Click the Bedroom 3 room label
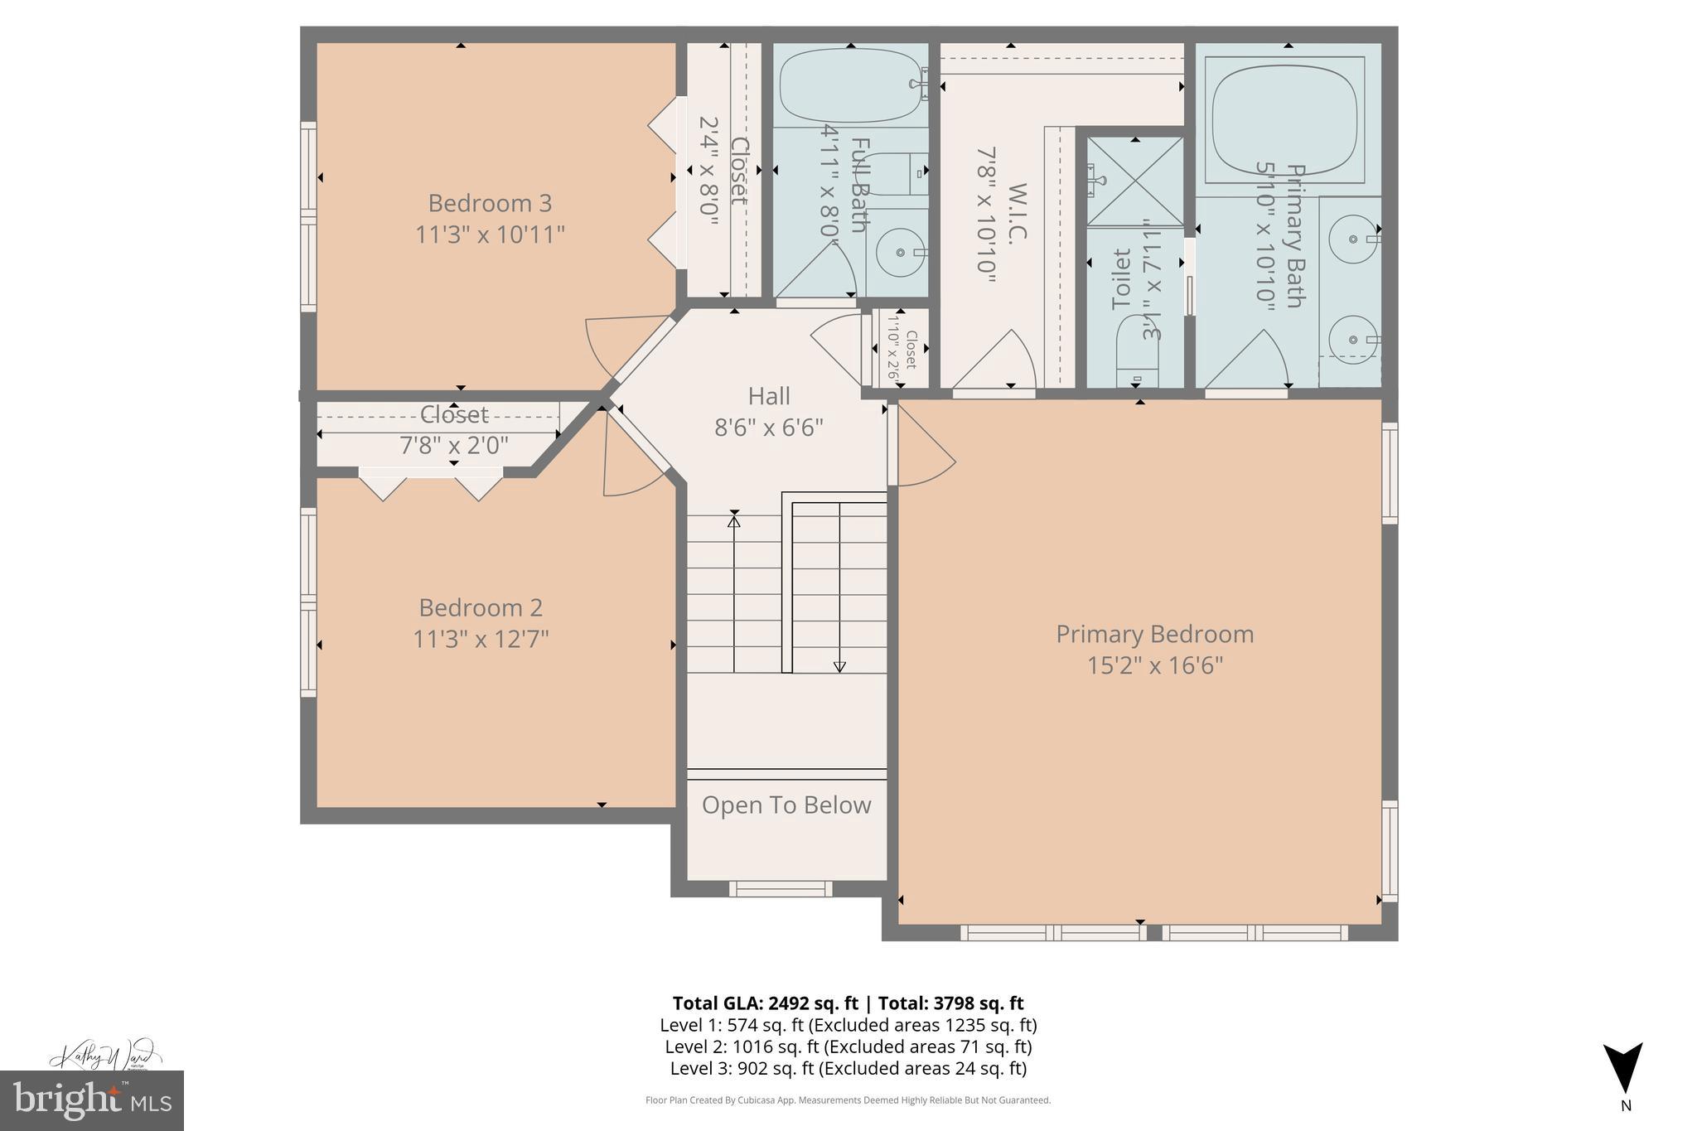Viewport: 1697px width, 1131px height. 490,203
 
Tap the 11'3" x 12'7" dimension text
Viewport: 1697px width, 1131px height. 481,640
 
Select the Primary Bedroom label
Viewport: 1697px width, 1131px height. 1154,634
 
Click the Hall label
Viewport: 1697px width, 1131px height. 769,396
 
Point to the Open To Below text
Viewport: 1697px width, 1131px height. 786,805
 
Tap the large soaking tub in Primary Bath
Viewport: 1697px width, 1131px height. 1284,119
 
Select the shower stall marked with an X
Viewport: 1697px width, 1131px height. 1135,181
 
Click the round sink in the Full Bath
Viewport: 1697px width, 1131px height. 899,249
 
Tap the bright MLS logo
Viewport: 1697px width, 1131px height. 92,1100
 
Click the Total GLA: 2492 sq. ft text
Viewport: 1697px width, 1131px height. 768,1003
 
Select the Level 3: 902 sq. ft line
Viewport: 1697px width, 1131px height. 848,1068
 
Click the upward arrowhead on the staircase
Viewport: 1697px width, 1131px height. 733,521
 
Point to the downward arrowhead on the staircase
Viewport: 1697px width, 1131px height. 839,666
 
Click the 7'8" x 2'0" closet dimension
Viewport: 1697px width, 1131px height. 454,446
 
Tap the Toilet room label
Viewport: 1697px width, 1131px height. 1121,279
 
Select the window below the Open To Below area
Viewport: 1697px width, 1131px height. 781,889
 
